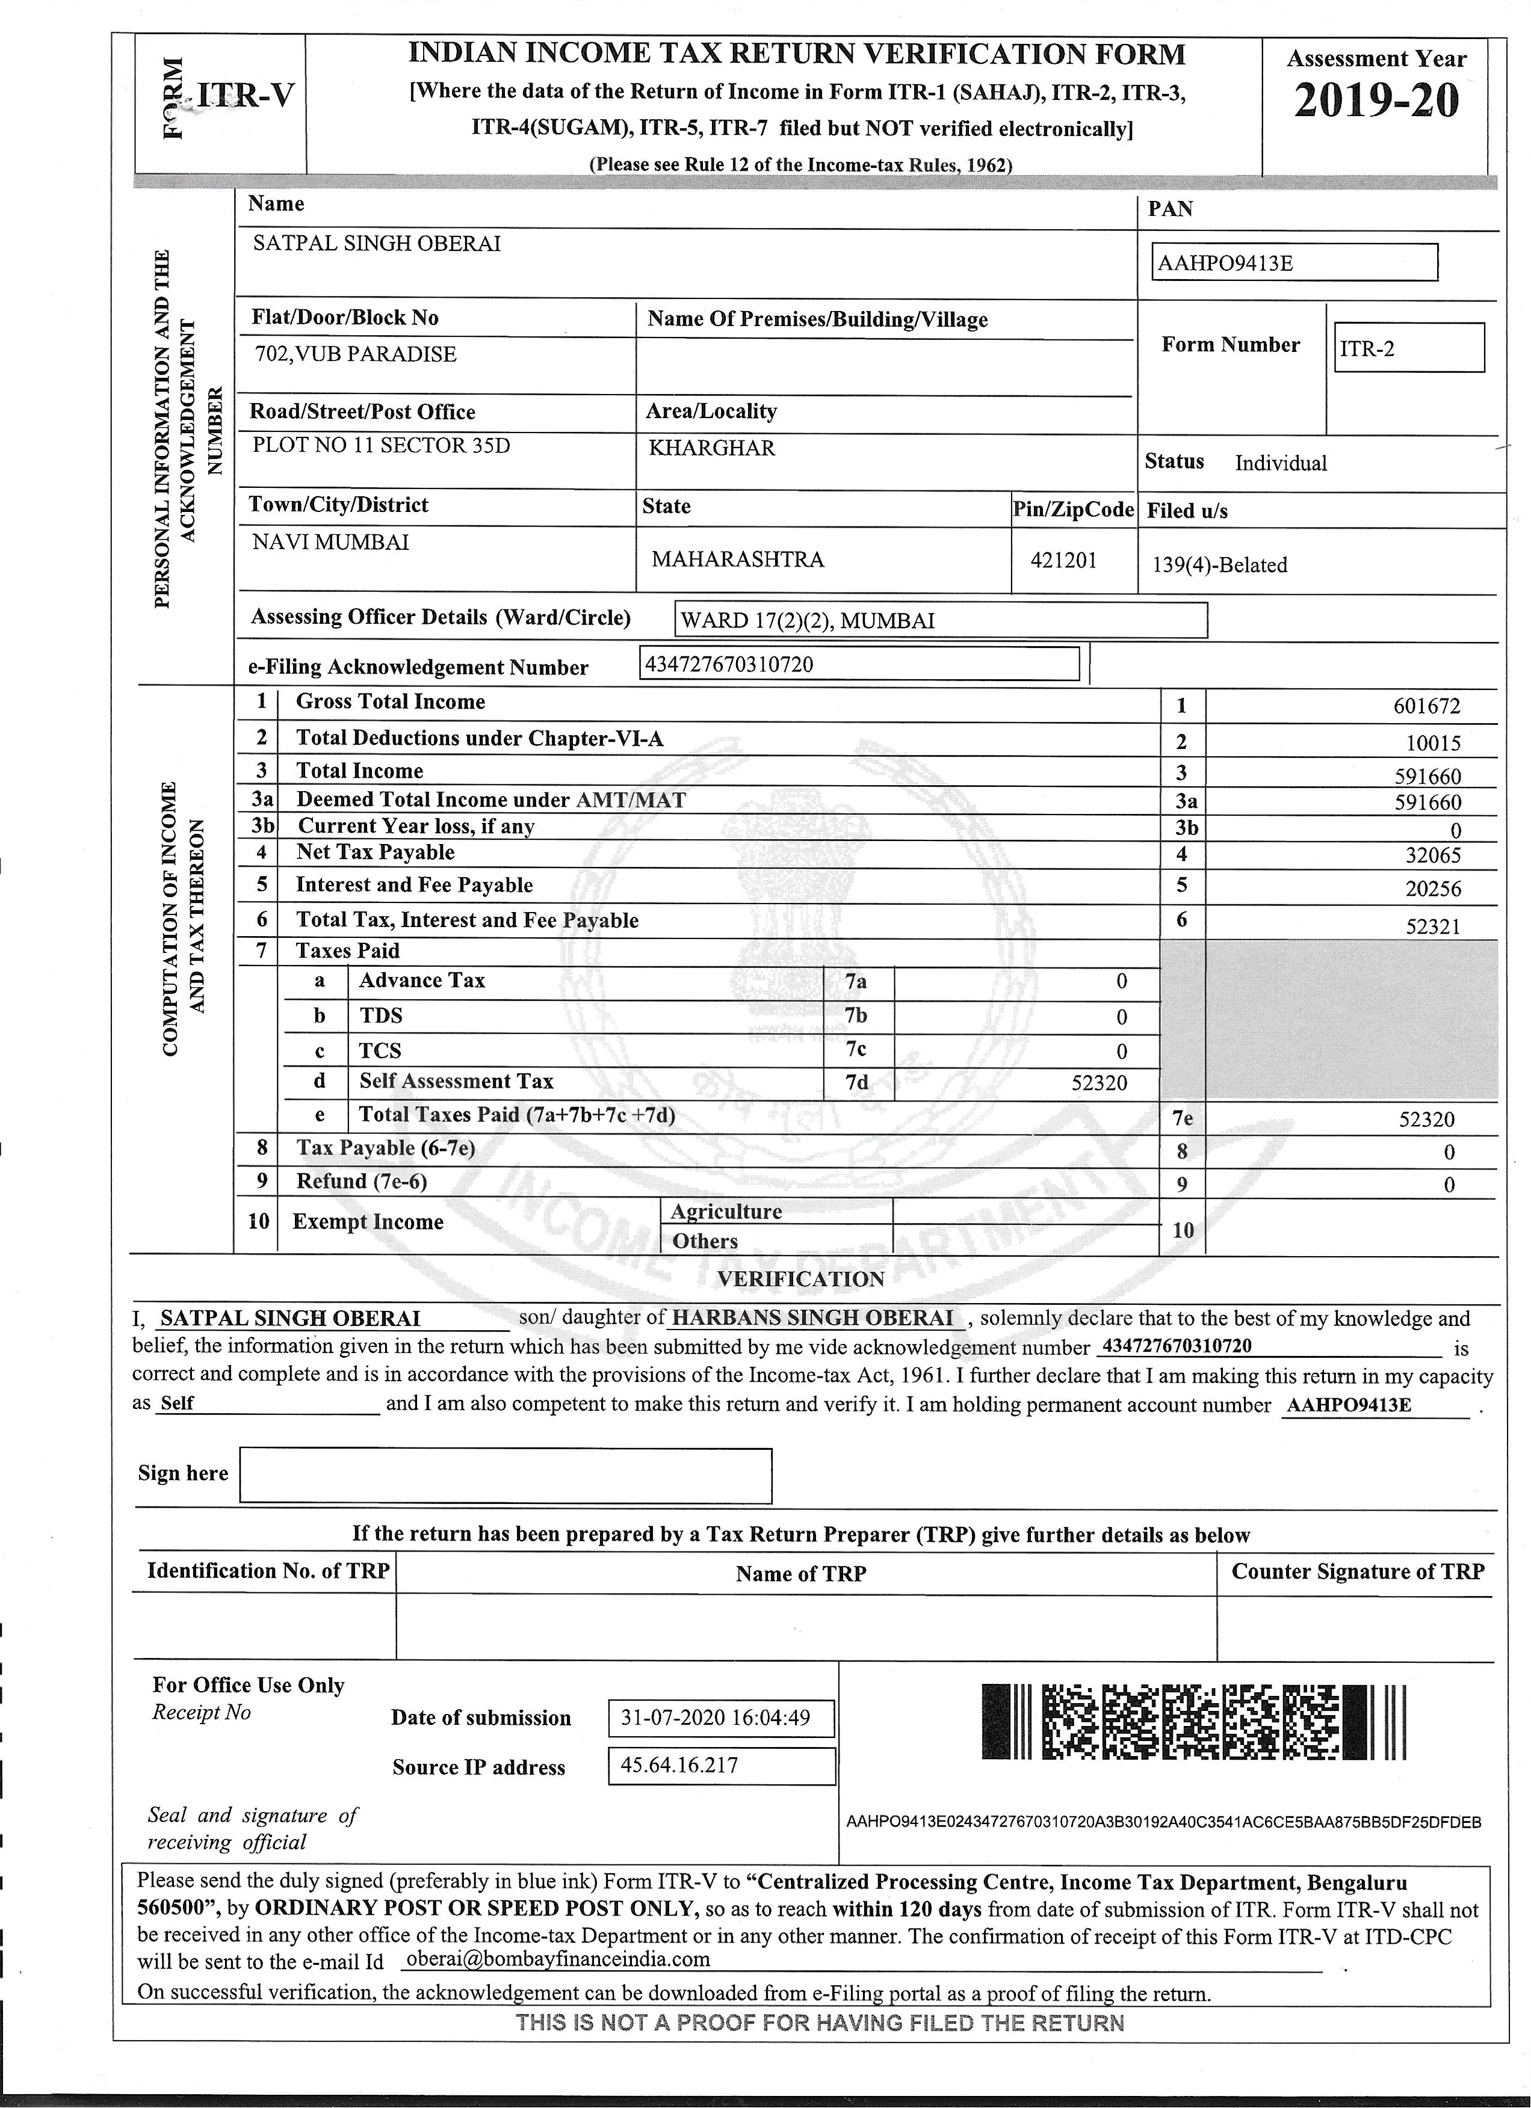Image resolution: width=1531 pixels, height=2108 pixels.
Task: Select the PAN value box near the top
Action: click(x=1293, y=263)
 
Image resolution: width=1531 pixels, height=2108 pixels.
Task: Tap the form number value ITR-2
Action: click(x=1408, y=348)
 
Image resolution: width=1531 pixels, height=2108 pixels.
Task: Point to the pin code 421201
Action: click(x=1063, y=561)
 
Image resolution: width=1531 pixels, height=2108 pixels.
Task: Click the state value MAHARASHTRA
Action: click(x=737, y=559)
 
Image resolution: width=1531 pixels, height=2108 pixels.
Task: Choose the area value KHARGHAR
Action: click(x=711, y=448)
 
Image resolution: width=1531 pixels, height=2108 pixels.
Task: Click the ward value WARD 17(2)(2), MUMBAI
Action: click(x=808, y=621)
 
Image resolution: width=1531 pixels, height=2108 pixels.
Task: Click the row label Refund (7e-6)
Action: click(x=362, y=1182)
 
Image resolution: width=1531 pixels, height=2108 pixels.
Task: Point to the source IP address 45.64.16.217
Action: click(x=679, y=1766)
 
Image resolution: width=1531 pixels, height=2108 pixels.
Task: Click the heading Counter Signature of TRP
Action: click(x=1357, y=1572)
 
